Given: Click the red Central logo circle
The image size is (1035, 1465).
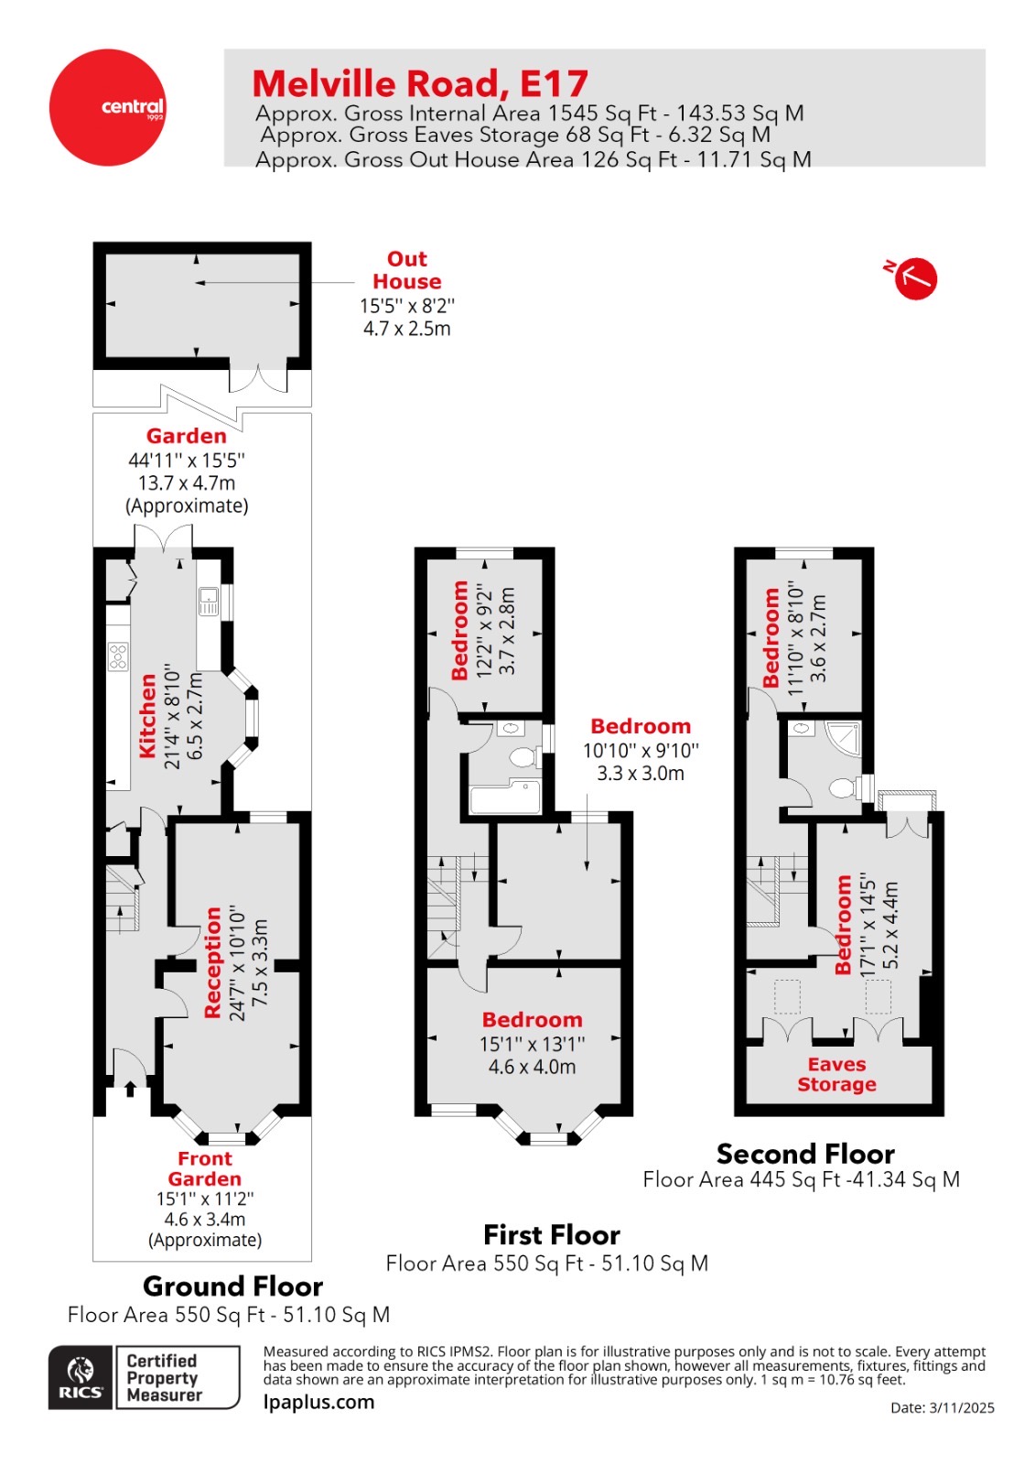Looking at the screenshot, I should [108, 107].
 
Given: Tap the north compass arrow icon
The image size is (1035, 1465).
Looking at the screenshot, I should [914, 278].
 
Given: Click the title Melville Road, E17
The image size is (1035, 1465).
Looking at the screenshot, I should [419, 84].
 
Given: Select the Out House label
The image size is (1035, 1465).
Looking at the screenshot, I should [406, 270].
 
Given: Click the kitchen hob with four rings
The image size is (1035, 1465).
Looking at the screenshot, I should [118, 656].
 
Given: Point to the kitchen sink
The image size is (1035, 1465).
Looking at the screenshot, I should [209, 601].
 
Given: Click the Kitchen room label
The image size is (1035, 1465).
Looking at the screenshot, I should [146, 716].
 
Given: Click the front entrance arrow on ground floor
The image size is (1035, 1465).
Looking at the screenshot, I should [130, 1088].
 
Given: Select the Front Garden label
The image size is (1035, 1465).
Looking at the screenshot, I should [204, 1168].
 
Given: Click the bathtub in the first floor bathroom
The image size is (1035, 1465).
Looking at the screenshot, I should [504, 798].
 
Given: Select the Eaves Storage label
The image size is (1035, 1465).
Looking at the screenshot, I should [836, 1074].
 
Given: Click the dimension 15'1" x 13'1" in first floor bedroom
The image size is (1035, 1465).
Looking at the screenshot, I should [532, 1044].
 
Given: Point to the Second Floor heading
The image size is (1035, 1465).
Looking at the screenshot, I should [804, 1153].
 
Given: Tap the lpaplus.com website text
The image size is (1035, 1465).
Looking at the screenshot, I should [318, 1402].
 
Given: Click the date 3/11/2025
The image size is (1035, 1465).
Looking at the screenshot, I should [961, 1408].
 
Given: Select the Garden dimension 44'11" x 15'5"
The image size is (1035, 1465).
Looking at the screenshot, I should [187, 461].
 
